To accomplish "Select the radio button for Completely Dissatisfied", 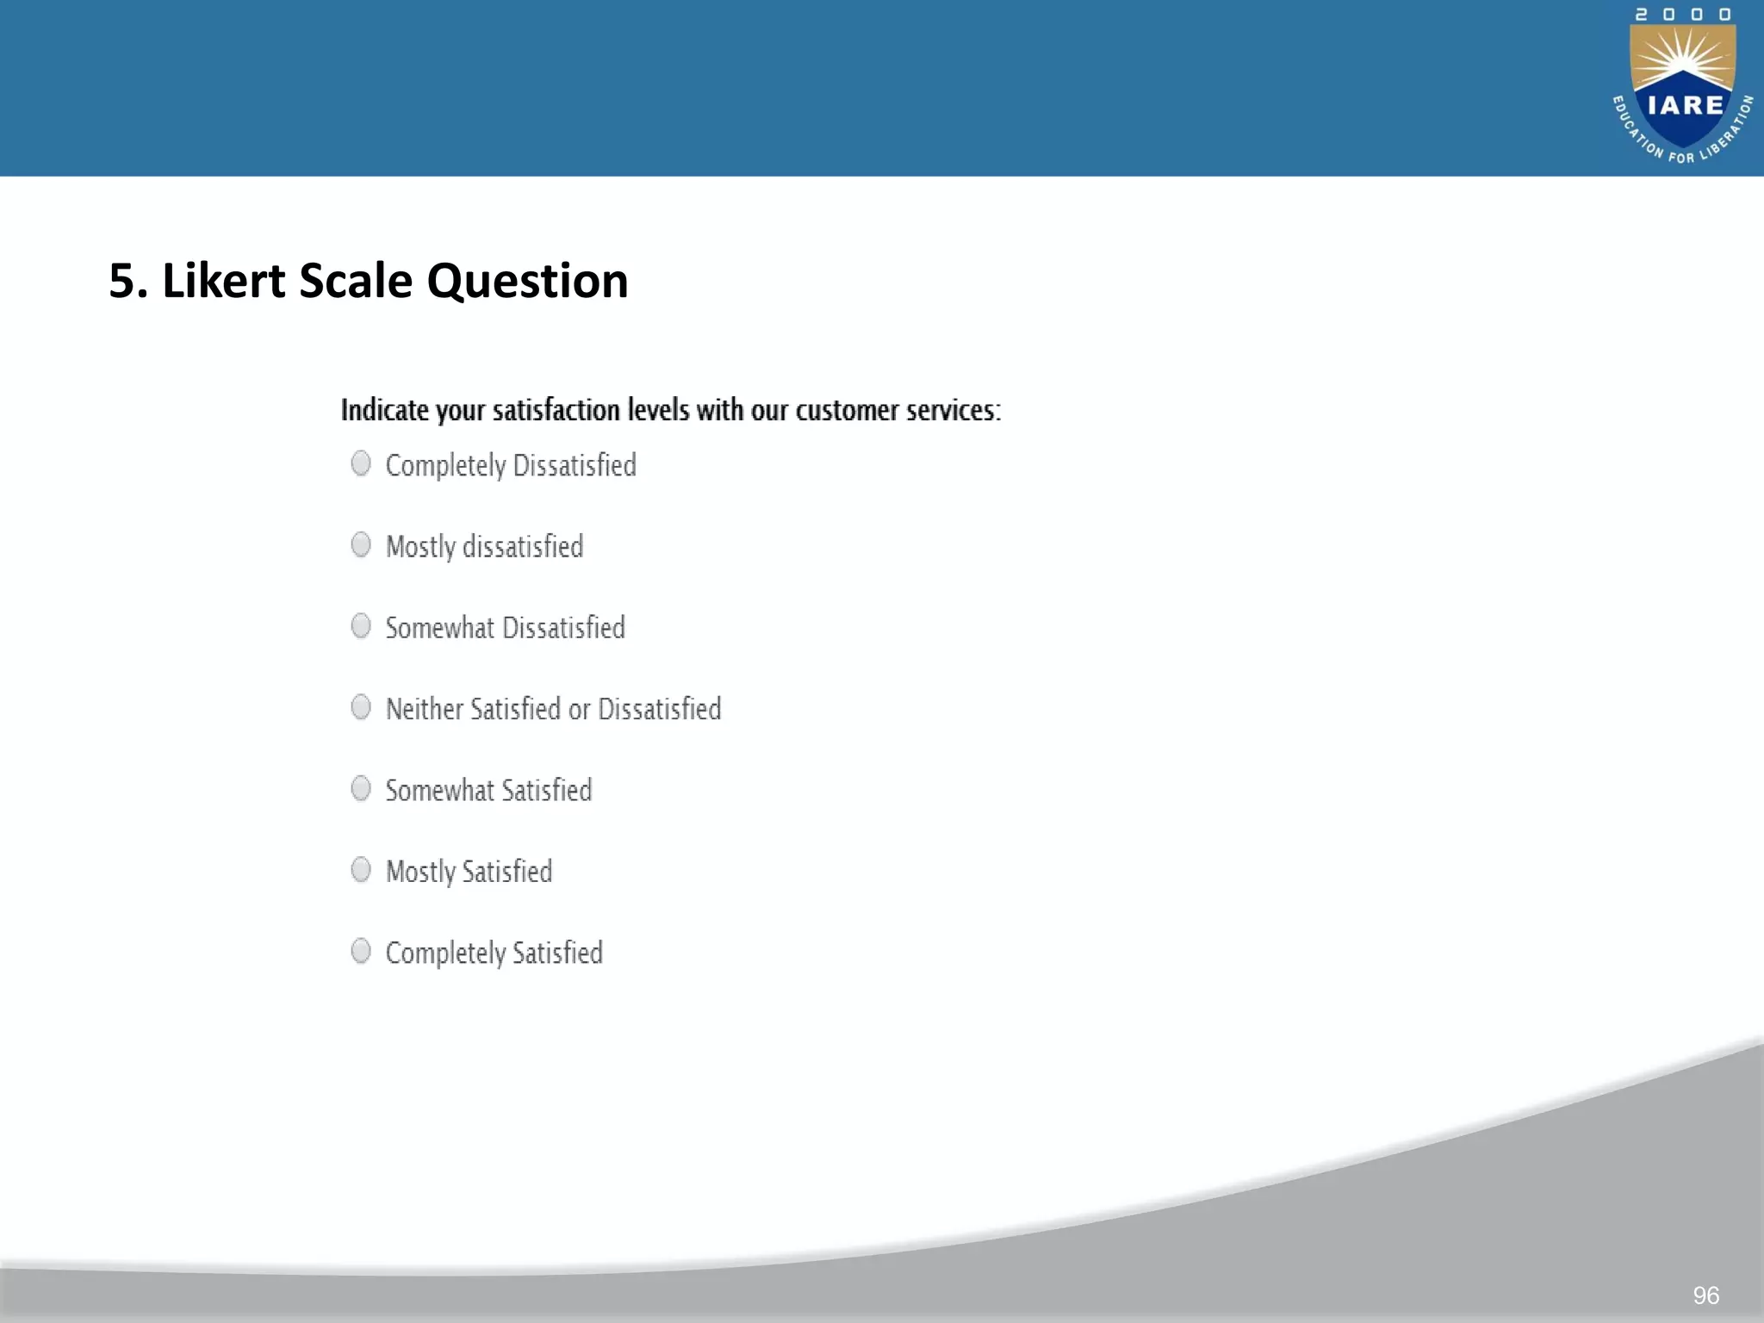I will tap(361, 463).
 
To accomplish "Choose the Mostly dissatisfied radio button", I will tap(361, 544).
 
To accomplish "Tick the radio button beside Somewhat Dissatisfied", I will tap(361, 626).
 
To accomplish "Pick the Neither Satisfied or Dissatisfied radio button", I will tap(361, 707).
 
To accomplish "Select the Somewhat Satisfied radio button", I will tap(361, 788).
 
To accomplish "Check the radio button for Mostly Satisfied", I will tap(361, 870).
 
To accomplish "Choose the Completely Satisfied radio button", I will tap(361, 951).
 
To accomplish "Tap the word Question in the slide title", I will tap(527, 281).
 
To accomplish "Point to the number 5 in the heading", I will tap(122, 282).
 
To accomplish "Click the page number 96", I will tap(1705, 1295).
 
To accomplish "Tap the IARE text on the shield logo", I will tap(1685, 106).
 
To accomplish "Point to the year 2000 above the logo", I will tap(1682, 15).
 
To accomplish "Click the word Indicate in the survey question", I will tap(384, 410).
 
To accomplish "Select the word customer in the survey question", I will tap(843, 411).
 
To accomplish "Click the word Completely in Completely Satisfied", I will tap(445, 953).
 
